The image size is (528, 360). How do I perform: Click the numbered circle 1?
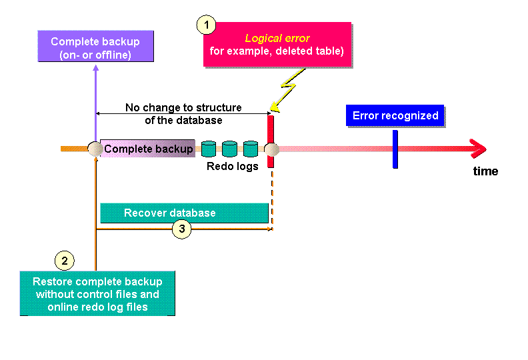tap(207, 25)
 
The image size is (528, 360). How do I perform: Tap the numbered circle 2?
tap(63, 260)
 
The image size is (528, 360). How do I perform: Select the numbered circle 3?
tap(181, 229)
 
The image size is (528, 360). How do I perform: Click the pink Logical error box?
tap(277, 45)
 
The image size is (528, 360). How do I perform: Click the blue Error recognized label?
tap(395, 116)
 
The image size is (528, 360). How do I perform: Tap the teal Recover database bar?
tap(184, 213)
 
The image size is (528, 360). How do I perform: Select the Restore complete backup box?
tap(97, 293)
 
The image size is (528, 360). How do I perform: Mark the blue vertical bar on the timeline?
tap(395, 149)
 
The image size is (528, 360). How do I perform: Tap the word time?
tap(485, 171)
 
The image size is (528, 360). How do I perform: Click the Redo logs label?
tap(233, 167)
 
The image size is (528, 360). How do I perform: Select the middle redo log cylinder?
tap(229, 149)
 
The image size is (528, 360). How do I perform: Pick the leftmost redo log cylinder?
tap(209, 149)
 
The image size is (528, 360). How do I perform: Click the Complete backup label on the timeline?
tap(148, 149)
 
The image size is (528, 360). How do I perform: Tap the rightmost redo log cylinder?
tap(250, 149)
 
